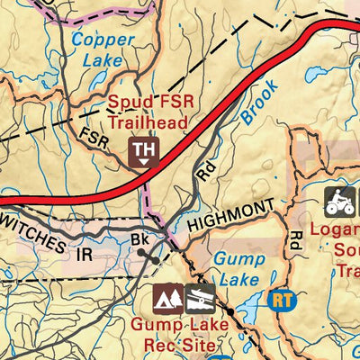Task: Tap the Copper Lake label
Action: click(x=102, y=51)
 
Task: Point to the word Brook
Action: click(x=261, y=103)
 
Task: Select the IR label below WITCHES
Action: click(x=84, y=255)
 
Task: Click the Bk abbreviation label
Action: click(x=139, y=241)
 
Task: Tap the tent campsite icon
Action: click(x=166, y=296)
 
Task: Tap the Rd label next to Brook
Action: click(x=203, y=172)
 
